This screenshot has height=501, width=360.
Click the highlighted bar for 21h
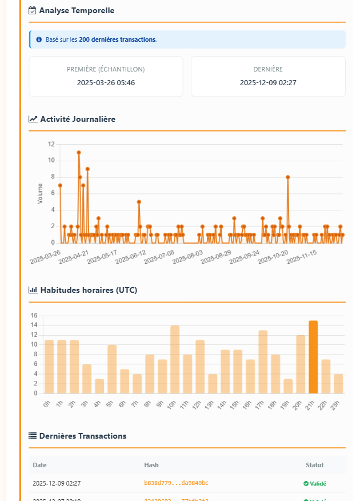[x=313, y=357]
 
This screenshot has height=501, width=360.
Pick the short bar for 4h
[x=99, y=386]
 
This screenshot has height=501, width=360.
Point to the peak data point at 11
[x=79, y=153]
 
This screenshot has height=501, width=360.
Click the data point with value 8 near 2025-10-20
[x=287, y=177]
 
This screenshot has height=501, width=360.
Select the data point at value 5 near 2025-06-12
[x=139, y=202]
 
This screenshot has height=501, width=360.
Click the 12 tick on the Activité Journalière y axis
[x=51, y=144]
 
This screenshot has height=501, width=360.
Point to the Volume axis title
[x=40, y=193]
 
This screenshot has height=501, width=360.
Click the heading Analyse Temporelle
[x=77, y=10]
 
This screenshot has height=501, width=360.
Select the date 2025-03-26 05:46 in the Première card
[x=106, y=82]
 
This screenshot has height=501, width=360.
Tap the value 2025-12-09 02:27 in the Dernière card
[x=268, y=82]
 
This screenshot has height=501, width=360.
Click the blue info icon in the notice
[x=39, y=39]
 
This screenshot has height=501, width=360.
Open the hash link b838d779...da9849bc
[x=176, y=483]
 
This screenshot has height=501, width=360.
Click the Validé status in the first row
[x=315, y=483]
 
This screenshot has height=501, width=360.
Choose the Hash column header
[x=151, y=465]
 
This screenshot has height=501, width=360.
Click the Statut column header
[x=315, y=465]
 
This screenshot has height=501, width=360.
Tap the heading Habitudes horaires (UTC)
[x=89, y=290]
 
